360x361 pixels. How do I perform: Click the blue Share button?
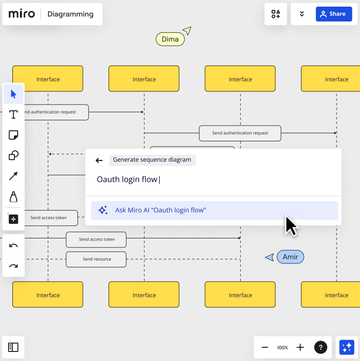coord(334,14)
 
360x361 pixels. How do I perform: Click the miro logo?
coord(21,14)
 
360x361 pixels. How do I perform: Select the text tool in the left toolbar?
coord(13,115)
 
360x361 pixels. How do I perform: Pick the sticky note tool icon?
coord(13,135)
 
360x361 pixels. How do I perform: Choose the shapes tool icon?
coord(13,155)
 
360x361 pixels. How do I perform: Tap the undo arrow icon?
coord(13,245)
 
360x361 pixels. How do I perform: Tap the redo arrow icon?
coord(13,266)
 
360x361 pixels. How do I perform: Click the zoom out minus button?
coord(265,347)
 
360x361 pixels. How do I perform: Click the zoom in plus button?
coord(300,347)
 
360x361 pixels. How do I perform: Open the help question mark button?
coord(321,347)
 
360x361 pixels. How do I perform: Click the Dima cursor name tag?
coord(170,39)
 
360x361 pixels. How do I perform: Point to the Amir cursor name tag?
coord(290,257)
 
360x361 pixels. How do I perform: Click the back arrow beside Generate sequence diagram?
coord(99,160)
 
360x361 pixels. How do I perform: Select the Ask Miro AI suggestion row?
coord(214,210)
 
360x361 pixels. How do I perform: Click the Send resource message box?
coord(96,259)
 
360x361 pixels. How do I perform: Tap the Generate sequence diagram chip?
coord(152,160)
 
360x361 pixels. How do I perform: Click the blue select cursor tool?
coord(13,94)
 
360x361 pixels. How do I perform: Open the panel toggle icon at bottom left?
coord(13,347)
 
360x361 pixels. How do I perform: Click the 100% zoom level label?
coord(282,348)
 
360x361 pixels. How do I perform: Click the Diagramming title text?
coord(70,14)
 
